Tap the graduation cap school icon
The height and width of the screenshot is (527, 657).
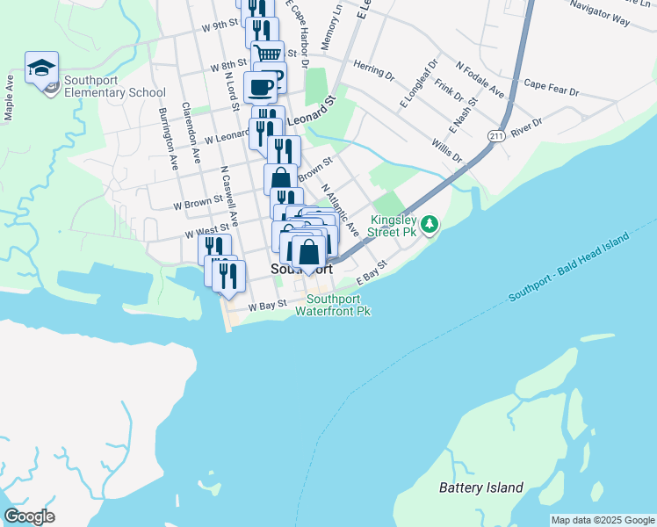[x=41, y=68]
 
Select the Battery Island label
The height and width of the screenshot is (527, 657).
[x=481, y=487]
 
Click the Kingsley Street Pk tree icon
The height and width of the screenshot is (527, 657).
[x=430, y=225]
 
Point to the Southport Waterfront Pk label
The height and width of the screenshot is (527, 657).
[x=334, y=305]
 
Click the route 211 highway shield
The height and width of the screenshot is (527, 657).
[x=496, y=135]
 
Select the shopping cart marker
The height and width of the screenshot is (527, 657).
[x=268, y=54]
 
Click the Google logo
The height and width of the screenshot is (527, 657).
[x=29, y=516]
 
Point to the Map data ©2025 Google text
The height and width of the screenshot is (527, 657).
[x=602, y=520]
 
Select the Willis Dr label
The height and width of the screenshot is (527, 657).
[x=447, y=150]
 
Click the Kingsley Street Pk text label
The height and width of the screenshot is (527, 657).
[x=393, y=226]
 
